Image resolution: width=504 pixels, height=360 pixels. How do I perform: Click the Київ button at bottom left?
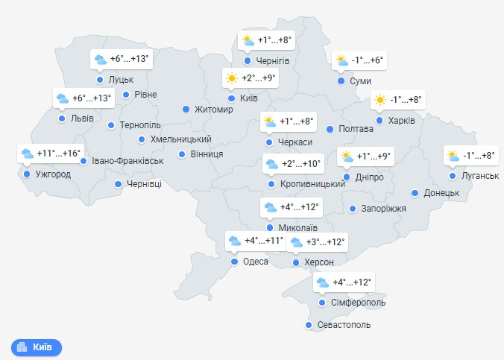(36, 347)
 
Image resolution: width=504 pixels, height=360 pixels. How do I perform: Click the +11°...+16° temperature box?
(50, 154)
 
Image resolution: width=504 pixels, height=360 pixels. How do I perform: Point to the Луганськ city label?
(479, 176)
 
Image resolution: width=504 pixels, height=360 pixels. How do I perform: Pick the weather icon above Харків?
(380, 100)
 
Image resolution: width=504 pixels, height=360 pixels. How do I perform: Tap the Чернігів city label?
(272, 61)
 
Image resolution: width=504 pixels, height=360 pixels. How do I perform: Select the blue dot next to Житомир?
(186, 110)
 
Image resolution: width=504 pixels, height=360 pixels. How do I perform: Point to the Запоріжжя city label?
(383, 209)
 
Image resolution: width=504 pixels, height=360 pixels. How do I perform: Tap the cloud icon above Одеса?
(235, 241)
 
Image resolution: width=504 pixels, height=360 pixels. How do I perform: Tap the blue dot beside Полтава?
(330, 129)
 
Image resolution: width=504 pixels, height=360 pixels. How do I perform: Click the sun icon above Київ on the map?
(232, 78)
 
